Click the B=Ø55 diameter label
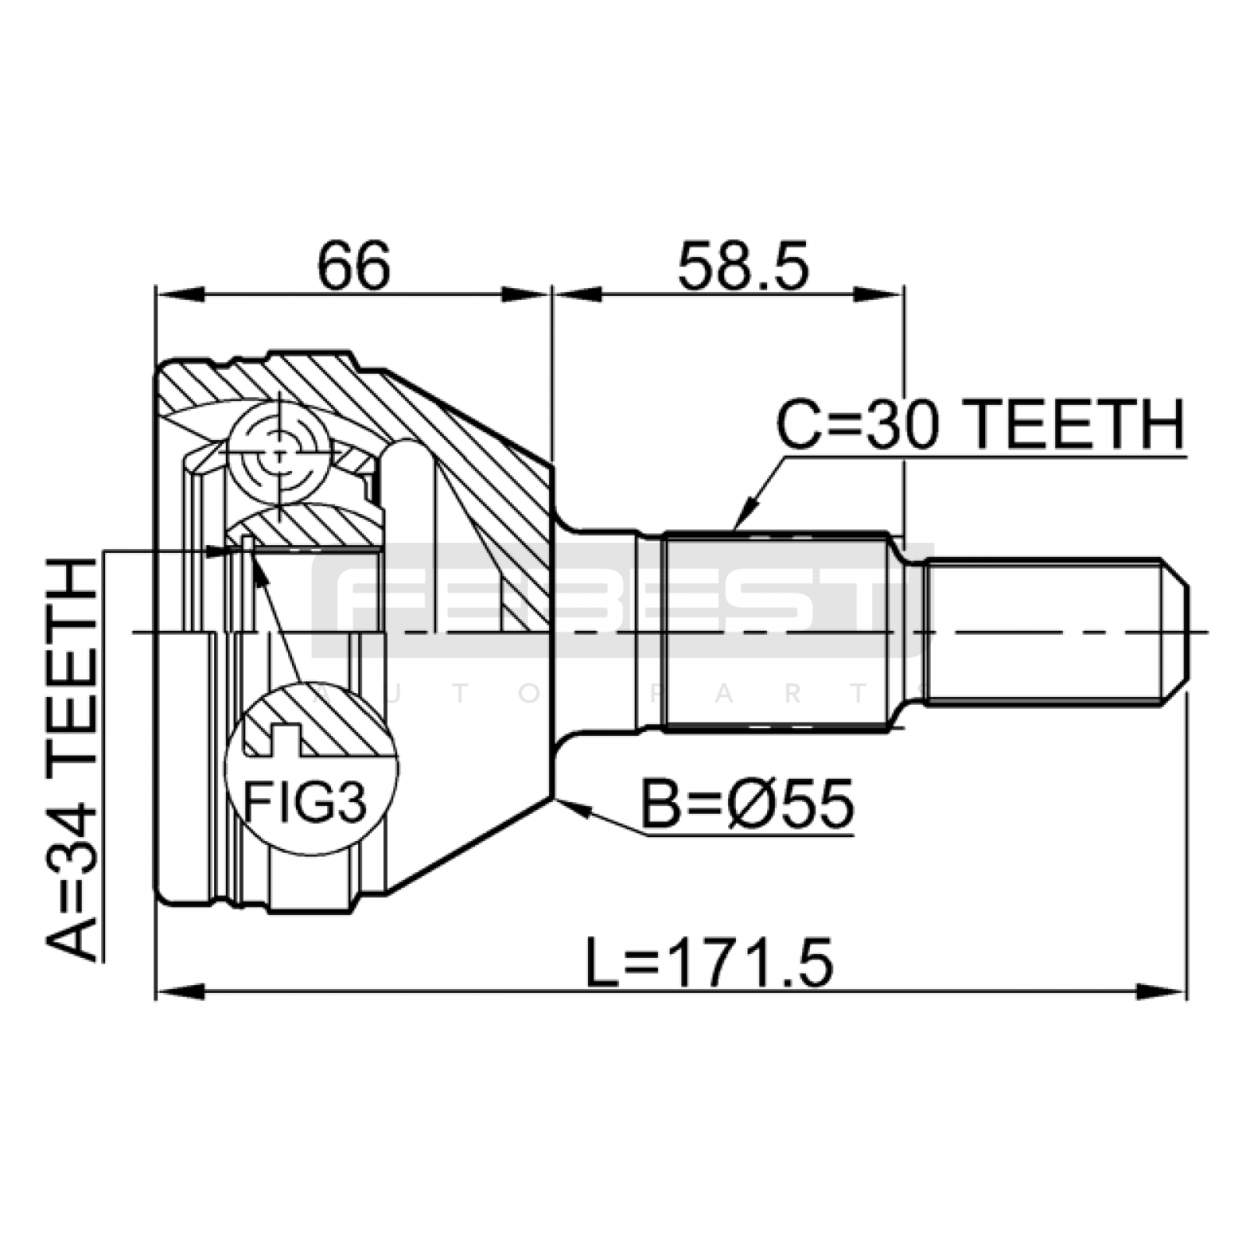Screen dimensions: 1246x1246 point(747,804)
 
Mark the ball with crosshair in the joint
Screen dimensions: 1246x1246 point(279,452)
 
